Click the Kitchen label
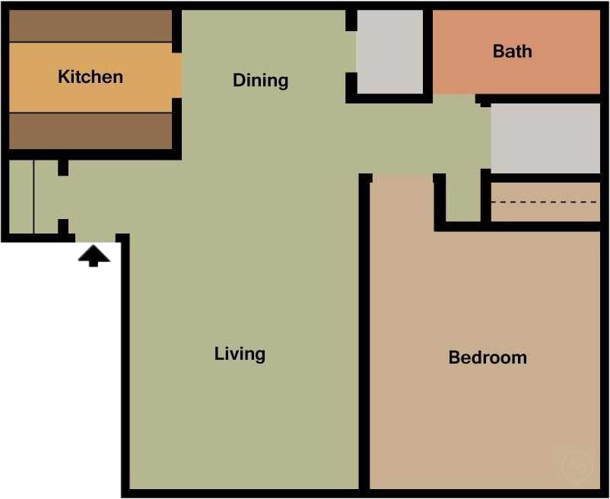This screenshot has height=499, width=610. pyautogui.click(x=91, y=77)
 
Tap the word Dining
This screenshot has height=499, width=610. pyautogui.click(x=260, y=81)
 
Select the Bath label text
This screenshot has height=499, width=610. pyautogui.click(x=512, y=52)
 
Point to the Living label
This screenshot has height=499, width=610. pyautogui.click(x=240, y=354)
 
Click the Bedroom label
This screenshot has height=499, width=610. pyautogui.click(x=488, y=358)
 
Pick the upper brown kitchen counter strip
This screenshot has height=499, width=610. pyautogui.click(x=90, y=27)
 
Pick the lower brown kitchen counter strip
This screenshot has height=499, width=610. pyautogui.click(x=90, y=130)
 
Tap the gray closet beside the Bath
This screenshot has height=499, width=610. pyautogui.click(x=389, y=52)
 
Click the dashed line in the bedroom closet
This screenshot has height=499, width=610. pyautogui.click(x=545, y=202)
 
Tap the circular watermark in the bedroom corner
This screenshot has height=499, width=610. pyautogui.click(x=574, y=464)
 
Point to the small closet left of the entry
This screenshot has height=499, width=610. pyautogui.click(x=21, y=196)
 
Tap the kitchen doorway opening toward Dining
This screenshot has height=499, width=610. pyautogui.click(x=178, y=76)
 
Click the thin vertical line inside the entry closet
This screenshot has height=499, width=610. pyautogui.click(x=34, y=196)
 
